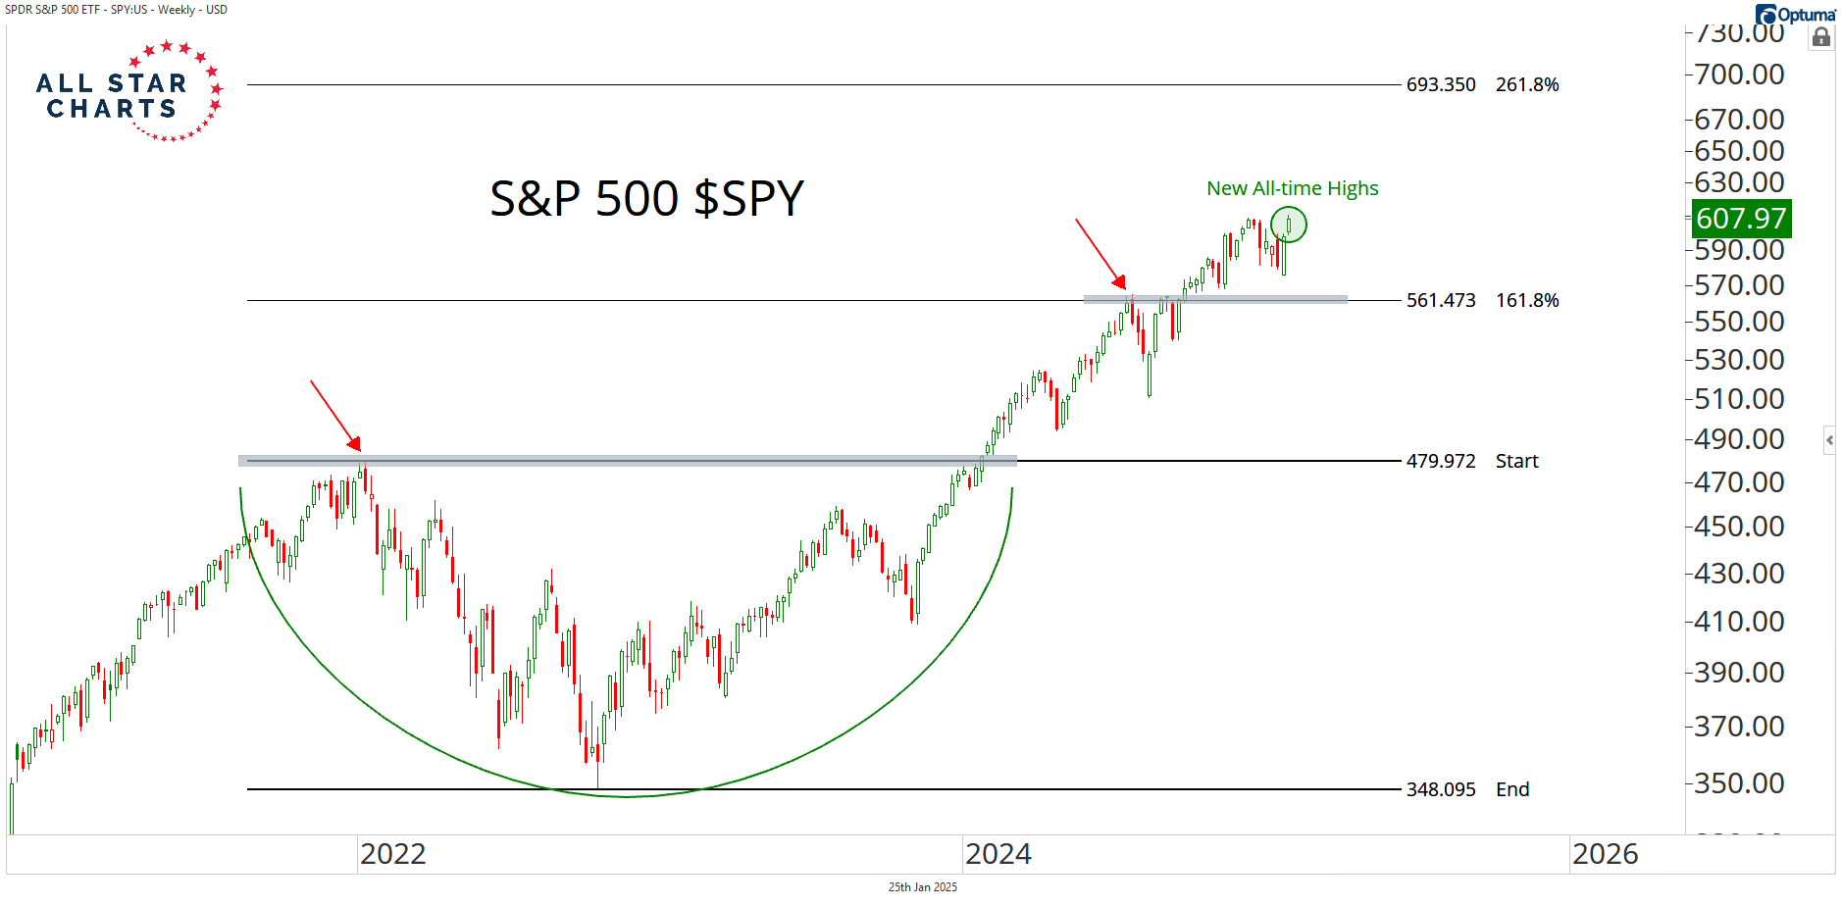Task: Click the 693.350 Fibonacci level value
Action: tap(1440, 85)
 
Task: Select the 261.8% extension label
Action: tap(1527, 85)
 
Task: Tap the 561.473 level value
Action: tap(1440, 301)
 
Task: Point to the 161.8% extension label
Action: tap(1527, 301)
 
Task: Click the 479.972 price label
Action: tap(1440, 462)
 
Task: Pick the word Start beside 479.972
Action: tap(1516, 462)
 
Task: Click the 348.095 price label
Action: tap(1440, 790)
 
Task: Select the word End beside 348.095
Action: tap(1512, 790)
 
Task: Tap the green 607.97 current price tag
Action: tap(1741, 219)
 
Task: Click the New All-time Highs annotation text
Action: tap(1292, 188)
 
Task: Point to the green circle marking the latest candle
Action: tap(1289, 225)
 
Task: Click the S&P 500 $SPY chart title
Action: tap(646, 199)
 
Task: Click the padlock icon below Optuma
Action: tap(1821, 38)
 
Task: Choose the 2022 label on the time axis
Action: tap(392, 854)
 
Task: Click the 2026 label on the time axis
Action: tap(1605, 854)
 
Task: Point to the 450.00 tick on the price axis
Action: tap(1739, 527)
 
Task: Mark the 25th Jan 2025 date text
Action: tap(922, 887)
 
